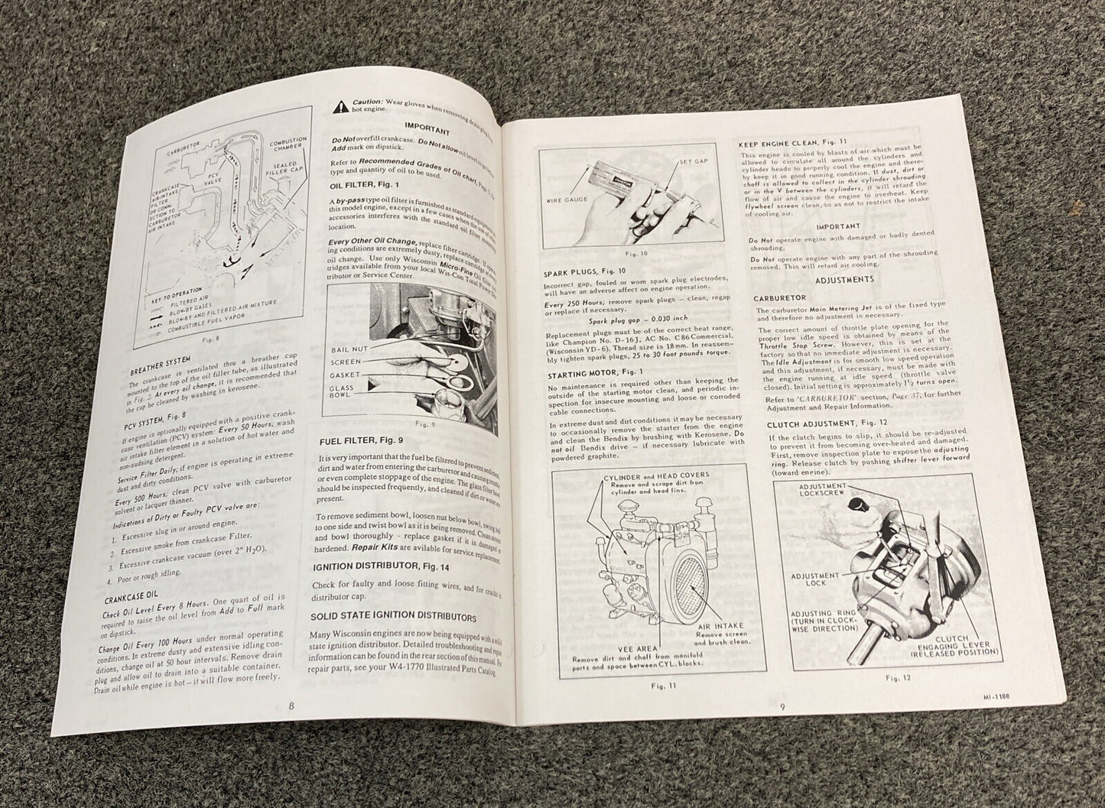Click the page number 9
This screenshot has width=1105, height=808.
pos(783,706)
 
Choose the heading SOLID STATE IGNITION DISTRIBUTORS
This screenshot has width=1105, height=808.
pos(394,616)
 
